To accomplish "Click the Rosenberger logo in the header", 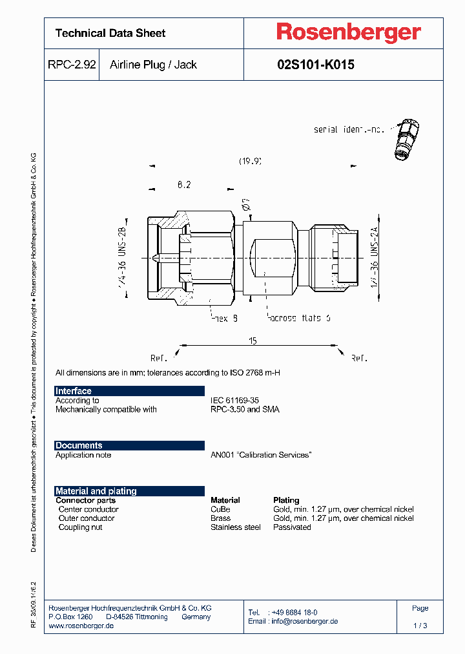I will click(x=349, y=32).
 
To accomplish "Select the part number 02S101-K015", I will click(x=315, y=65).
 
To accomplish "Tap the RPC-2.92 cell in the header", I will click(x=72, y=65).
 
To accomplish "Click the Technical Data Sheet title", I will click(x=110, y=33).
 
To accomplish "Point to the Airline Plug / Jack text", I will click(x=153, y=65).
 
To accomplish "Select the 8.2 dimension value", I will click(x=184, y=185).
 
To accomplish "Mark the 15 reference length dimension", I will click(x=253, y=341).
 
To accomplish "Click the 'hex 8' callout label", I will click(x=225, y=318).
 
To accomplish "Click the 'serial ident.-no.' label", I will click(x=349, y=129).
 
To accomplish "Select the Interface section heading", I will click(x=74, y=391).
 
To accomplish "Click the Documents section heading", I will click(x=79, y=445).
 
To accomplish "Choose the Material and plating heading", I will click(x=96, y=491).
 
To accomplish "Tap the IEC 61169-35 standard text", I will click(x=234, y=401).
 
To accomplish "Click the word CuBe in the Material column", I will click(x=220, y=509).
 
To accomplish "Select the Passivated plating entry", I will click(x=292, y=527).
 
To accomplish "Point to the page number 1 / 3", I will click(x=420, y=626).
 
